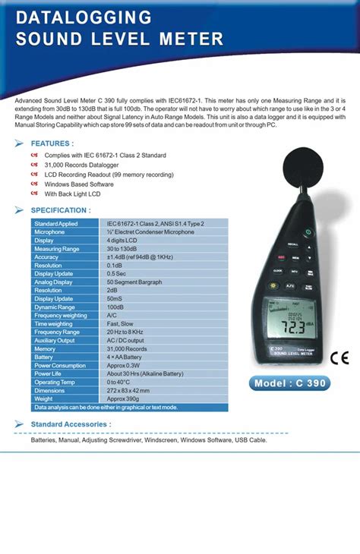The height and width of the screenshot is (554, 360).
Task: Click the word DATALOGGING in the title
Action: point(84,17)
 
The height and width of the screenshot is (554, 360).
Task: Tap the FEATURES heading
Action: point(52,143)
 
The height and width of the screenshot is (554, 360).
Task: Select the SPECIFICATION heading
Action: point(60,210)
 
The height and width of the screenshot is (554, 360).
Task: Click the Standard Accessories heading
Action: point(71,423)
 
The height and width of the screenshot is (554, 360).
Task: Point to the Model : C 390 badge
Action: point(290,383)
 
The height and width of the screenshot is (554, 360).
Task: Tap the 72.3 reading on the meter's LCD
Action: point(289,329)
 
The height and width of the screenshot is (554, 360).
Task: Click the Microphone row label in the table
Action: point(50,232)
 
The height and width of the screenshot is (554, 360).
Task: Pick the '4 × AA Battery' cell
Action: point(125,357)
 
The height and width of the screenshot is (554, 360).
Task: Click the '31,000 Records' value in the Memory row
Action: point(127,348)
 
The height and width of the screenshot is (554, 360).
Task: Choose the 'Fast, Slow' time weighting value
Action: point(122,323)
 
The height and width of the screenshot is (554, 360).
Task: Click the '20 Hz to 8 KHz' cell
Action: point(127,332)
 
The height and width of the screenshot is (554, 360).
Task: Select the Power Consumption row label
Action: point(60,365)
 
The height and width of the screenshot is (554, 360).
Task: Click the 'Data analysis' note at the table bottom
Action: point(106,407)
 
